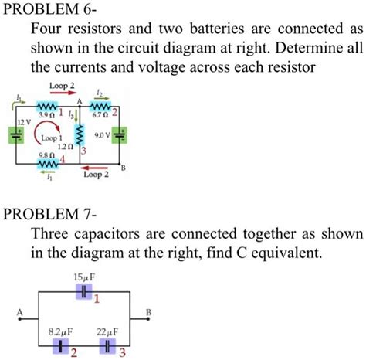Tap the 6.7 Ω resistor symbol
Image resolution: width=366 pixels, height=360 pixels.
[102, 106]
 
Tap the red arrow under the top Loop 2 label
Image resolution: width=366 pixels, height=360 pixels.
[63, 91]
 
